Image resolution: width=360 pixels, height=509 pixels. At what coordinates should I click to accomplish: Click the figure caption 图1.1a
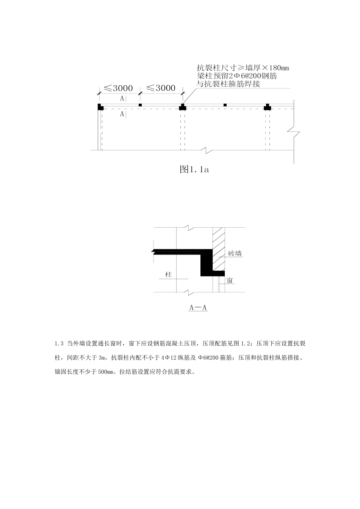pyautogui.click(x=194, y=169)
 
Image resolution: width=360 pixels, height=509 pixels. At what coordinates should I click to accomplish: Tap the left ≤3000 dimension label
pyautogui.click(x=118, y=88)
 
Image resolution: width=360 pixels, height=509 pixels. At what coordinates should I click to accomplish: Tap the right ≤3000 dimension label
pyautogui.click(x=161, y=88)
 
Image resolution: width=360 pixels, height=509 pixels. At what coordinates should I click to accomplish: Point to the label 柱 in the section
pyautogui.click(x=169, y=274)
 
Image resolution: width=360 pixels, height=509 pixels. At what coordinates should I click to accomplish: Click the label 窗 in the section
pyautogui.click(x=230, y=280)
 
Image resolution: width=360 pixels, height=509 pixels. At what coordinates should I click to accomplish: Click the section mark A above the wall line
pyautogui.click(x=122, y=98)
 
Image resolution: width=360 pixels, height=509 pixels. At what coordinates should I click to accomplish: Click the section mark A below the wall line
pyautogui.click(x=122, y=114)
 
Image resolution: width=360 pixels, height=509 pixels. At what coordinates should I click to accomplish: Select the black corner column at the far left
pyautogui.click(x=100, y=107)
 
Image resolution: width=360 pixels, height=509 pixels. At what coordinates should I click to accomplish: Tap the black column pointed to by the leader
pyautogui.click(x=183, y=107)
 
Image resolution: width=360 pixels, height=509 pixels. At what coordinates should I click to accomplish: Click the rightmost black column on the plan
pyautogui.click(x=268, y=107)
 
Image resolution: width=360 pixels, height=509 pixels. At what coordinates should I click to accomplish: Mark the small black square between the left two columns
pyautogui.click(x=140, y=105)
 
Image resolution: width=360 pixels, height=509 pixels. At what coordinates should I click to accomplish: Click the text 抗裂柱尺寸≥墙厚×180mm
pyautogui.click(x=243, y=68)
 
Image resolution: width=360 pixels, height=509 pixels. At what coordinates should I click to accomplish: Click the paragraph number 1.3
pyautogui.click(x=58, y=344)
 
